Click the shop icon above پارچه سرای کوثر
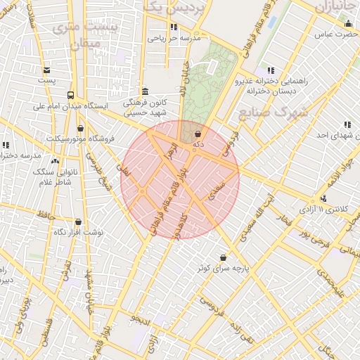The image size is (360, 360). click(x=224, y=257)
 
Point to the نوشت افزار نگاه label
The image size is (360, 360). click(x=79, y=232)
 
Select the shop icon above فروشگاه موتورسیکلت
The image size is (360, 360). click(x=80, y=128)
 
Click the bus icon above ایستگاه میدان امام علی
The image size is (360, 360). click(x=70, y=95)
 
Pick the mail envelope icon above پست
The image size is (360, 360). click(x=46, y=70)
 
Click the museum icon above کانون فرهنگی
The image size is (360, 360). click(x=145, y=91)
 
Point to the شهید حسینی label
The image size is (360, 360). click(x=144, y=112)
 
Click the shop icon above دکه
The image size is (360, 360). click(x=198, y=133)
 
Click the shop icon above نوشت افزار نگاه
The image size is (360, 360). click(x=78, y=221)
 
